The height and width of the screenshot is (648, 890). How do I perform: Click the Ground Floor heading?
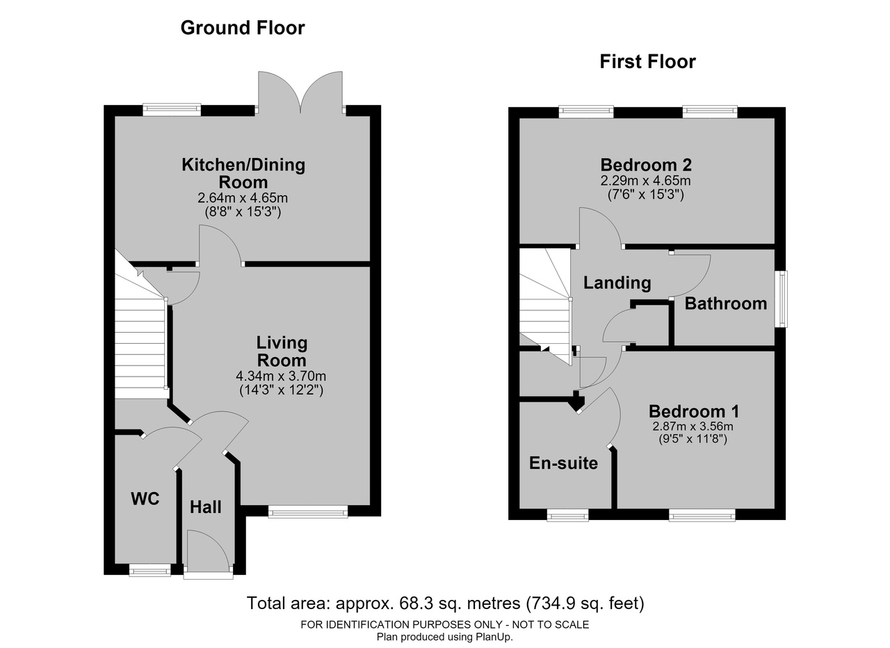pyautogui.click(x=243, y=28)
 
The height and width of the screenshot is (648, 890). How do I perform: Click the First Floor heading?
pyautogui.click(x=647, y=62)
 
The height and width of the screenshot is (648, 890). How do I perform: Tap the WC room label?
pyautogui.click(x=145, y=498)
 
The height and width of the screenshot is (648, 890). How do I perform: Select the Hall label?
pyautogui.click(x=205, y=507)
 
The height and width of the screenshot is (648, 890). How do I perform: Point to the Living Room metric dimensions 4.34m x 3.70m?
pyautogui.click(x=281, y=376)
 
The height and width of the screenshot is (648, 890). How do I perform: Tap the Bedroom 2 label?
pyautogui.click(x=646, y=165)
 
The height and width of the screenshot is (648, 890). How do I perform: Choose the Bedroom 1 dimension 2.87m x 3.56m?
pyautogui.click(x=693, y=427)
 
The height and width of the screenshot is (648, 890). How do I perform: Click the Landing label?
pyautogui.click(x=617, y=283)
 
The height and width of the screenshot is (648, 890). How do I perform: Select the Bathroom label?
pyautogui.click(x=725, y=304)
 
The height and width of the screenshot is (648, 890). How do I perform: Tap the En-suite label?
pyautogui.click(x=563, y=463)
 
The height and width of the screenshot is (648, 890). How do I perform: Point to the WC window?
pyautogui.click(x=149, y=569)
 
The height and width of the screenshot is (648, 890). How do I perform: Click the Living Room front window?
pyautogui.click(x=308, y=512)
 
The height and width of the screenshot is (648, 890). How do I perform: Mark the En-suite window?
pyautogui.click(x=567, y=515)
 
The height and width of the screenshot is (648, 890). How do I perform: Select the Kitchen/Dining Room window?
pyautogui.click(x=172, y=110)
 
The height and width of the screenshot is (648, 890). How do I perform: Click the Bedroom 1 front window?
pyautogui.click(x=702, y=515)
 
